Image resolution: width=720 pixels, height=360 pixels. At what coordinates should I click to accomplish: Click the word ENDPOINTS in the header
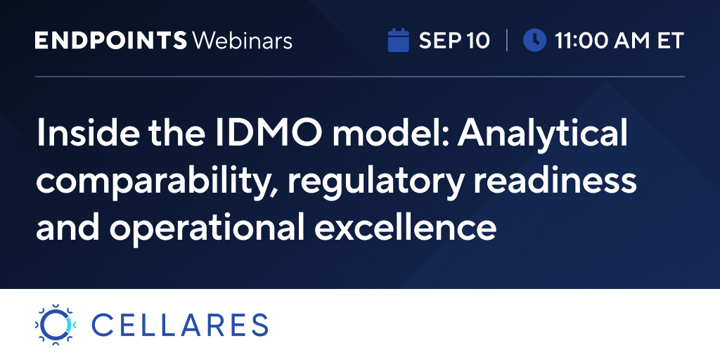[110, 40]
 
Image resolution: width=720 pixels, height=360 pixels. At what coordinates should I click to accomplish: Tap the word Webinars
[243, 40]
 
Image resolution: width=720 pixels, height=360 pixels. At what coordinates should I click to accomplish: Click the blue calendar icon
[398, 40]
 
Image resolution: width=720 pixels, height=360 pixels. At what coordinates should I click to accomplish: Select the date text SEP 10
[454, 40]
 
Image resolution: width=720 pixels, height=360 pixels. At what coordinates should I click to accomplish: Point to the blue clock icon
[534, 40]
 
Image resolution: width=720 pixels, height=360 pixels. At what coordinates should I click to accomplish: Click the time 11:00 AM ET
[619, 40]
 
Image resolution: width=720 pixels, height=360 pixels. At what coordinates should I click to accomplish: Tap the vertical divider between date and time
[506, 40]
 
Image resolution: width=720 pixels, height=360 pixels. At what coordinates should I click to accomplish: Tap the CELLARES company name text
[180, 325]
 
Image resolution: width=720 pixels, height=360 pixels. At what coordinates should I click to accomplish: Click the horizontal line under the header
[359, 77]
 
